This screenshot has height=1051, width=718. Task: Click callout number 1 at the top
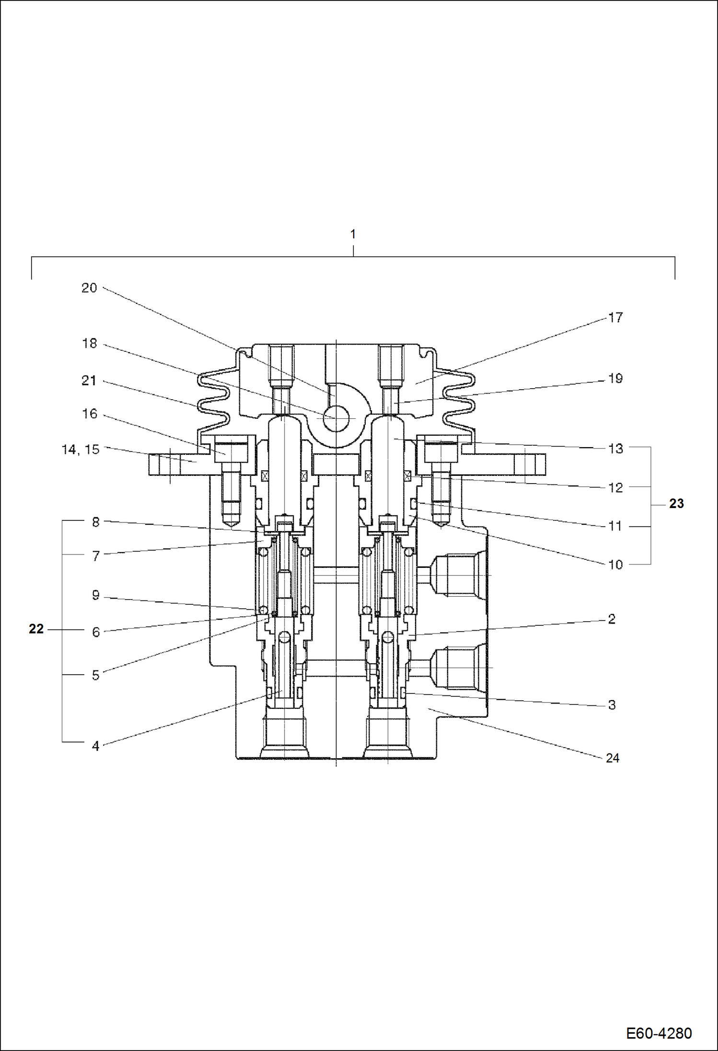pyautogui.click(x=353, y=234)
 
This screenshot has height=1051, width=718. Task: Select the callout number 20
pyautogui.click(x=89, y=288)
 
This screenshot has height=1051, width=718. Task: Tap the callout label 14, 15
pyautogui.click(x=81, y=450)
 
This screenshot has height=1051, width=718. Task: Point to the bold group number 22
pyautogui.click(x=36, y=629)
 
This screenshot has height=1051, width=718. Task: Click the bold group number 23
pyautogui.click(x=676, y=504)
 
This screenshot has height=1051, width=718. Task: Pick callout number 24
pyautogui.click(x=613, y=758)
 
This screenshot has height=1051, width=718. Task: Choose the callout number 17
pyautogui.click(x=615, y=318)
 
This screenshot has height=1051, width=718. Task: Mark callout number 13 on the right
pyautogui.click(x=615, y=449)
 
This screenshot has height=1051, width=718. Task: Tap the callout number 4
pyautogui.click(x=96, y=746)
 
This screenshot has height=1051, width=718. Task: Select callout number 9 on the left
pyautogui.click(x=96, y=595)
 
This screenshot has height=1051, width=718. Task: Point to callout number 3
pyautogui.click(x=612, y=705)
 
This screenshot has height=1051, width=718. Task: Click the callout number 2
pyautogui.click(x=612, y=619)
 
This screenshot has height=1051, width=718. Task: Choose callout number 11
pyautogui.click(x=615, y=526)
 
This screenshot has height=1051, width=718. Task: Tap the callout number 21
pyautogui.click(x=89, y=381)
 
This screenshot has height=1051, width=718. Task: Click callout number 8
pyautogui.click(x=96, y=522)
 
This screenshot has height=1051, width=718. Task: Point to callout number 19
pyautogui.click(x=615, y=379)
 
